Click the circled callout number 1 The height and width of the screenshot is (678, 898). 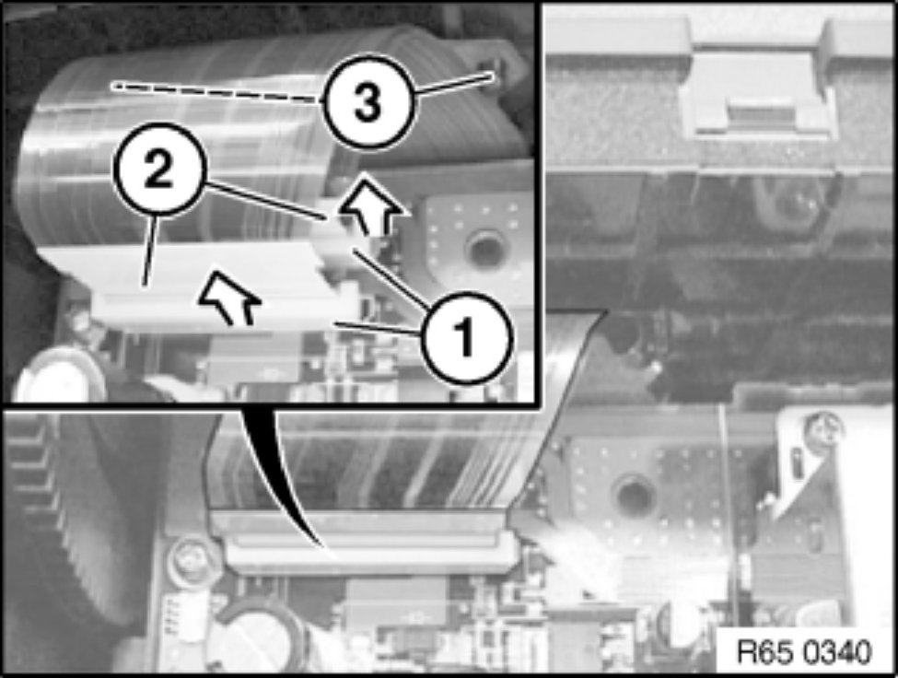pyautogui.click(x=465, y=337)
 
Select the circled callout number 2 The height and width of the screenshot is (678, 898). pyautogui.click(x=159, y=170)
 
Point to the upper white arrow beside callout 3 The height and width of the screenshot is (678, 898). pyautogui.click(x=373, y=206)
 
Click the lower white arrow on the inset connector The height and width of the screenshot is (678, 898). pyautogui.click(x=230, y=298)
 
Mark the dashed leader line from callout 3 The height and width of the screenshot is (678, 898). pyautogui.click(x=218, y=93)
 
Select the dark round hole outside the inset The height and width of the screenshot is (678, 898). pyautogui.click(x=630, y=494)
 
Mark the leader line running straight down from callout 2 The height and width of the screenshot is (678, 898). pyautogui.click(x=150, y=250)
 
